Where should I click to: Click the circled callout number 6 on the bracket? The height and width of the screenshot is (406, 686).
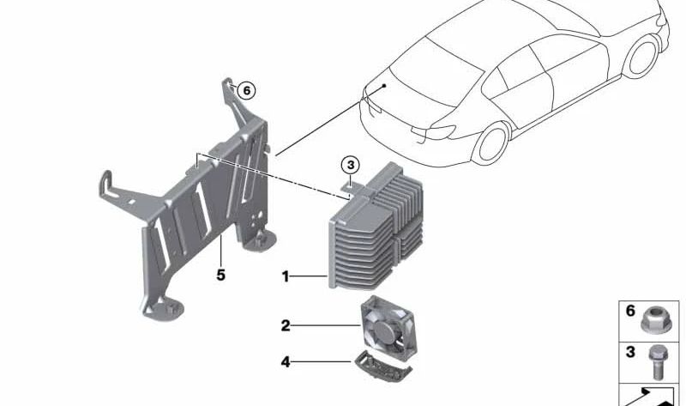246,89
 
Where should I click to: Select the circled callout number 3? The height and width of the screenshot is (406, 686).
349,164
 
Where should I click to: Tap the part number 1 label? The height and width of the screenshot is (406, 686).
286,276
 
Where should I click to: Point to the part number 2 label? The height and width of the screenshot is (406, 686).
286,325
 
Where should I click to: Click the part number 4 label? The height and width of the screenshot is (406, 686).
286,362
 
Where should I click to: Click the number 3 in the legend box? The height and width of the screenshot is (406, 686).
630,352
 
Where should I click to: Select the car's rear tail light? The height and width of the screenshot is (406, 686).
437,131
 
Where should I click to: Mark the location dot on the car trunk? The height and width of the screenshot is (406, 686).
386,86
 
